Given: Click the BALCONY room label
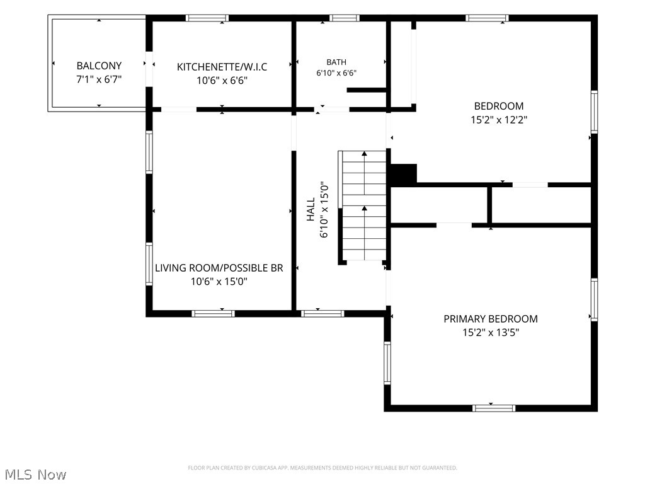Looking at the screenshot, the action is pyautogui.click(x=99, y=66).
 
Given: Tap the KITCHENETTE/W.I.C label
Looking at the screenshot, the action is pyautogui.click(x=222, y=67).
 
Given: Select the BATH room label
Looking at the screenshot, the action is pyautogui.click(x=336, y=62).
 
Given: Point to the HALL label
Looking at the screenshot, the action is pyautogui.click(x=311, y=209).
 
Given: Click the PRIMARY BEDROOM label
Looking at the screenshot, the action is pyautogui.click(x=490, y=319).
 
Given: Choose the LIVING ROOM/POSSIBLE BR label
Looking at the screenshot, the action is pyautogui.click(x=219, y=268).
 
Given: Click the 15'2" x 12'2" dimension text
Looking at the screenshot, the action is pyautogui.click(x=499, y=120).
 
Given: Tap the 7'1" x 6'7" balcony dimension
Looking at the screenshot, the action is pyautogui.click(x=99, y=79).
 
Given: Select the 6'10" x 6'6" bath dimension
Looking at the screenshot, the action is pyautogui.click(x=336, y=73).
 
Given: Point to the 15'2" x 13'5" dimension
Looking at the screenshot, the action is pyautogui.click(x=491, y=333).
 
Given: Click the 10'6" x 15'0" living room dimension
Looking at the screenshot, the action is pyautogui.click(x=219, y=282).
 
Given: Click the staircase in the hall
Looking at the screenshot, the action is pyautogui.click(x=362, y=206).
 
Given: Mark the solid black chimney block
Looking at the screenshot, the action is pyautogui.click(x=403, y=174).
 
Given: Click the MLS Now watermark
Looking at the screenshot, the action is pyautogui.click(x=36, y=475).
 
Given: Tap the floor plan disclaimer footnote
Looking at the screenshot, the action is pyautogui.click(x=322, y=468).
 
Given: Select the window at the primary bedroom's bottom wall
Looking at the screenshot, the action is pyautogui.click(x=494, y=408).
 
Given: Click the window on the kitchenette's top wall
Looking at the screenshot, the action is pyautogui.click(x=207, y=18).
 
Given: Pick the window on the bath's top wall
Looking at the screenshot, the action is pyautogui.click(x=345, y=18).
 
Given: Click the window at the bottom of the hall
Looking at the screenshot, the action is pyautogui.click(x=322, y=314).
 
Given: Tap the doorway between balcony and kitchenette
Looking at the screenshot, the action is pyautogui.click(x=149, y=69).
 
